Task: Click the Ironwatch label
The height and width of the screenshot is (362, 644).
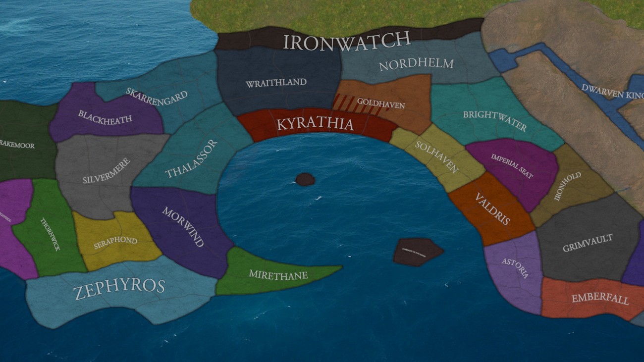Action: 347,41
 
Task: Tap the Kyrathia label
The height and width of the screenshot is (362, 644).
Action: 315,123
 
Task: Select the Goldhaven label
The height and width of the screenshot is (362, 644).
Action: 381,105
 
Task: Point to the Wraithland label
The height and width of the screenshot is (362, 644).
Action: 276,83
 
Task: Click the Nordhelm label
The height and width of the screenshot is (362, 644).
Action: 416,64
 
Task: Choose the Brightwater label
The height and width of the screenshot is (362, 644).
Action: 494,121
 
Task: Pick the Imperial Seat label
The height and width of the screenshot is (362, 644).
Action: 512,166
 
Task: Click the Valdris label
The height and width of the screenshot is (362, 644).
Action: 492,208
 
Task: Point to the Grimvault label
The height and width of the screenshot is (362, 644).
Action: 588,243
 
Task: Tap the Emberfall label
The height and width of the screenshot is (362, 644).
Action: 600,299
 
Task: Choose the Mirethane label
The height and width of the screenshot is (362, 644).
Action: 278,275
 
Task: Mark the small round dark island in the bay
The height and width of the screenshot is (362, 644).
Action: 305,179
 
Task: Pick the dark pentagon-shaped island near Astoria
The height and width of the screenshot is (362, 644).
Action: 417,251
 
